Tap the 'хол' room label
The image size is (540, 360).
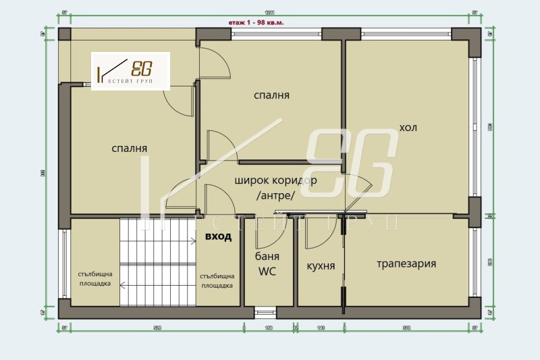[408, 128]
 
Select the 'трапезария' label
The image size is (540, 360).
[406, 263]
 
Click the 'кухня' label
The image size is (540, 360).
[321, 266]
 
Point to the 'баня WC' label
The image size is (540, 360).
[267, 264]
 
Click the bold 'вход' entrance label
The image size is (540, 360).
[219, 236]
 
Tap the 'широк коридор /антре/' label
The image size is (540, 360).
[275, 188]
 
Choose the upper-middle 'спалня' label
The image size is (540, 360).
[271, 95]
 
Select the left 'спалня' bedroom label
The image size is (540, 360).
[130, 149]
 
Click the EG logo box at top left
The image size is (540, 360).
[131, 72]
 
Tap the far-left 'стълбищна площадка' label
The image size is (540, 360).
[94, 278]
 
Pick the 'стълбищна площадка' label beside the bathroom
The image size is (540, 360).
[217, 280]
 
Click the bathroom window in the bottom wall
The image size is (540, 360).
[265, 313]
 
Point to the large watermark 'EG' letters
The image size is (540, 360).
[351, 162]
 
